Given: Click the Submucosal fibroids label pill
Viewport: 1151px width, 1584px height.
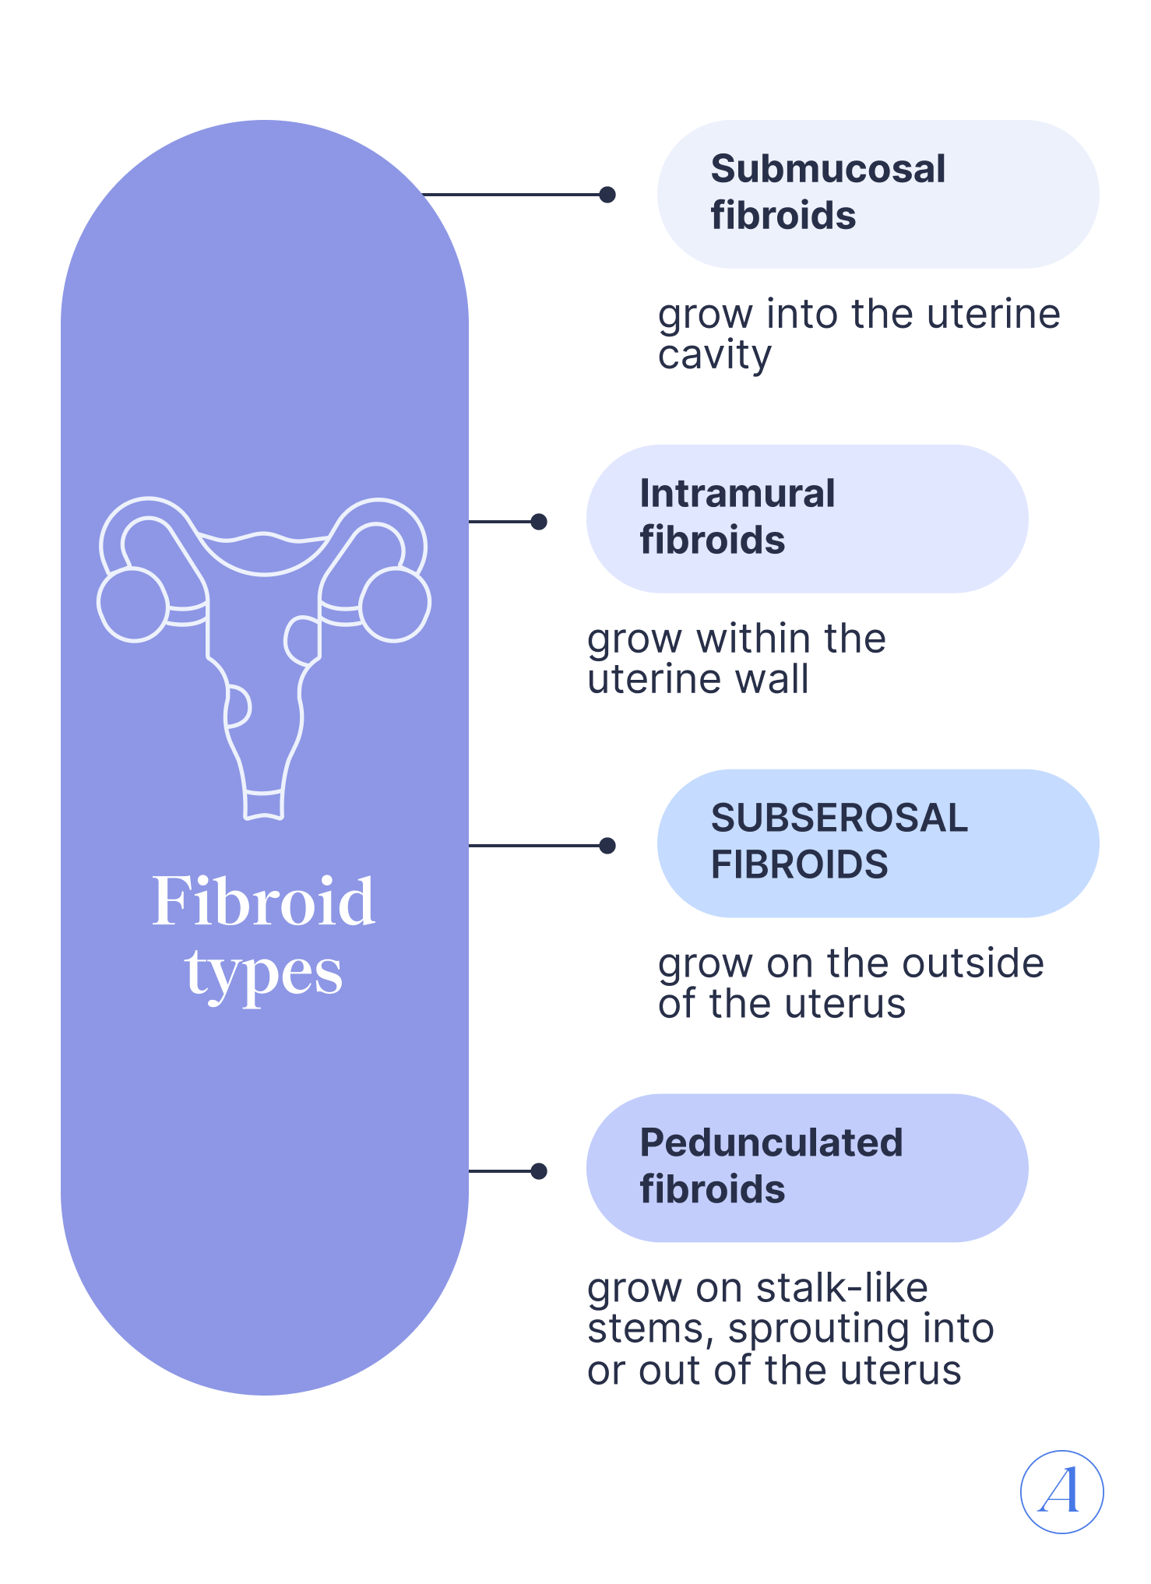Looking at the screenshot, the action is coord(878,194).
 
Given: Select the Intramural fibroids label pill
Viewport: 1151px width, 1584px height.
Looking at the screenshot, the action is coord(807,519).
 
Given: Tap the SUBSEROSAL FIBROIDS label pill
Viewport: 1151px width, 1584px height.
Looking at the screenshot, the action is coord(878,843).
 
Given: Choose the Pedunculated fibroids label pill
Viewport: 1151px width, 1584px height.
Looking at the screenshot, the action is coord(807,1168).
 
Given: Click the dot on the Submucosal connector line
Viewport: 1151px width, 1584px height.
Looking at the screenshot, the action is coord(607,195).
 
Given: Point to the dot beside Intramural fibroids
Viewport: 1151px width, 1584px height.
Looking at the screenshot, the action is coord(538,522).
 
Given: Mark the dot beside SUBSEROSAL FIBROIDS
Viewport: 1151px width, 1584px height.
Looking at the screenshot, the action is coord(607,846).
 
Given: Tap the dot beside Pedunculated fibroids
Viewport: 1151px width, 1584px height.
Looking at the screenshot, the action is coord(538,1171).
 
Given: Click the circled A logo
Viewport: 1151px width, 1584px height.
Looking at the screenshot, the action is coord(1061,1491).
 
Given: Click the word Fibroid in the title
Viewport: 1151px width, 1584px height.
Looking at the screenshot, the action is coord(264,902).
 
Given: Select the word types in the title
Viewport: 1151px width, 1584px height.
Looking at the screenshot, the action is coord(264,973).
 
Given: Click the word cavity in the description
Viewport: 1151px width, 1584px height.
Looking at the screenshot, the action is coord(715,355).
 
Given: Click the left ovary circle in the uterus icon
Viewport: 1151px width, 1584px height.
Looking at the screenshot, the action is coord(132,605).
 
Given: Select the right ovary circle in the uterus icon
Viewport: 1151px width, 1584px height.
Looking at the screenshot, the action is coord(396,605).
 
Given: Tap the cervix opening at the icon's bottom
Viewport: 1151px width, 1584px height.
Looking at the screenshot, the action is coord(263,805).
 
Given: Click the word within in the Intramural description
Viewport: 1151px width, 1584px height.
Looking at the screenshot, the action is coord(754,639).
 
